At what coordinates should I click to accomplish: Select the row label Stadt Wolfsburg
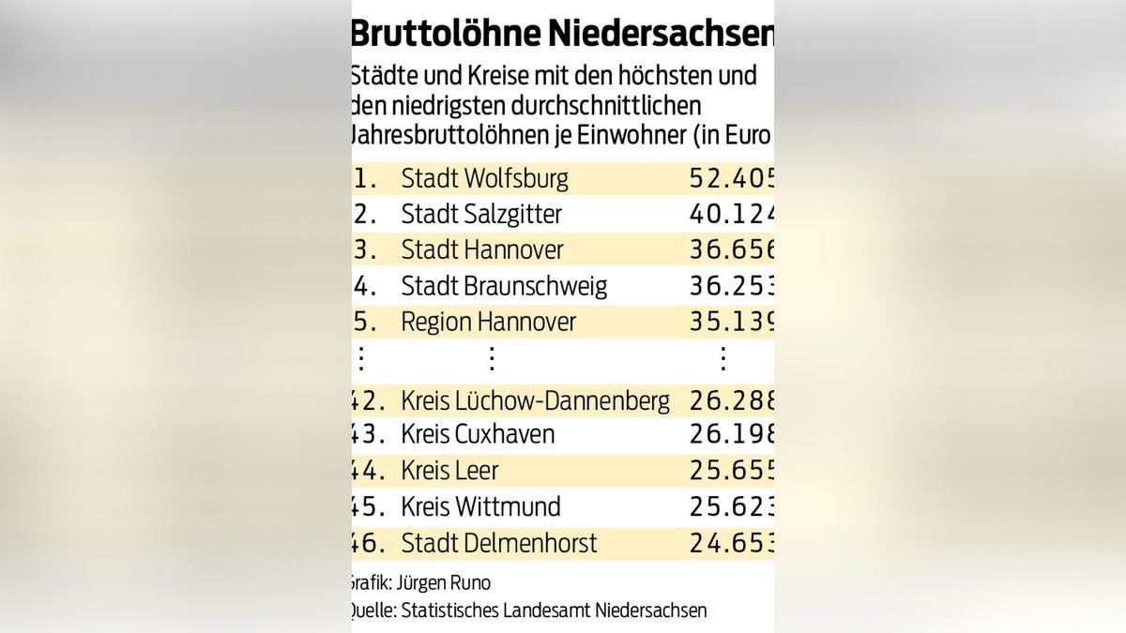[x=484, y=178]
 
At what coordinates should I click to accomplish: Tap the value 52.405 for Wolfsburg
[x=731, y=178]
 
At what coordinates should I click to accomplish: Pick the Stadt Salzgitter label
[x=481, y=214]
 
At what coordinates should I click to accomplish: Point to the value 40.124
[x=731, y=214]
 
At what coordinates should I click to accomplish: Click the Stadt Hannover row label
[x=482, y=250]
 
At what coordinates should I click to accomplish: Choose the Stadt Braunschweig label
[x=504, y=286]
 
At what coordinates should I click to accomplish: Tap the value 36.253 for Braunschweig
[x=731, y=286]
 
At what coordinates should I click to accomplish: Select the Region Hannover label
[x=488, y=322]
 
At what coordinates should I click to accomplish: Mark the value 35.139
[x=731, y=322]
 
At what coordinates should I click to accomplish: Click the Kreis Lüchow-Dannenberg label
[x=535, y=401]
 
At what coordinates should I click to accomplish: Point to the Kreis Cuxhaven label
[x=478, y=434]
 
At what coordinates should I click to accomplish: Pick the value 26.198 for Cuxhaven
[x=731, y=434]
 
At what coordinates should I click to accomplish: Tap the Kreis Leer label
[x=449, y=471]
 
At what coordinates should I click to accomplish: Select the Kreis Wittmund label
[x=480, y=507]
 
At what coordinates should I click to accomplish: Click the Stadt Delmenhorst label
[x=499, y=543]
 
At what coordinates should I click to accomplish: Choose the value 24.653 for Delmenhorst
[x=731, y=543]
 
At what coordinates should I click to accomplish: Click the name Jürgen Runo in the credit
[x=448, y=583]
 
